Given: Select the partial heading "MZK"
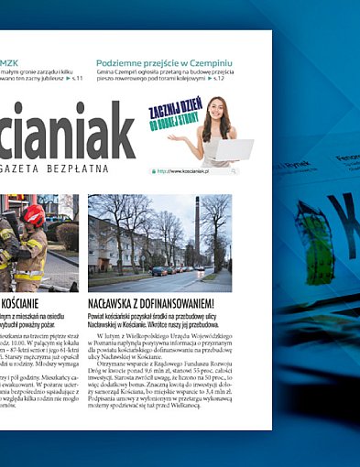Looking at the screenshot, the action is (x=10, y=64).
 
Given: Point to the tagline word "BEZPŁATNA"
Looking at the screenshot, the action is (x=77, y=168).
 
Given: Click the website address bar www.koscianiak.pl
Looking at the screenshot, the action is (x=193, y=171).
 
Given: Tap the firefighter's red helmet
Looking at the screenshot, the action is (x=34, y=215).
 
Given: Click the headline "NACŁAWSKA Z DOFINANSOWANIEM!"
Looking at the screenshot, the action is (x=152, y=303).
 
